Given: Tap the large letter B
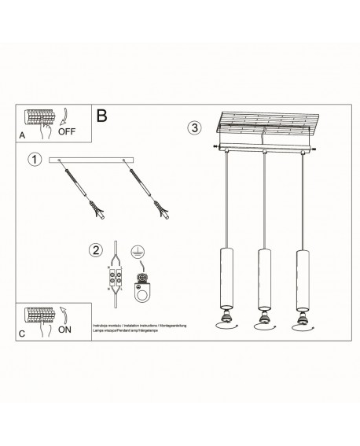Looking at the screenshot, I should click(102, 116).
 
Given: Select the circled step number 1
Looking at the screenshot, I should click(34, 160).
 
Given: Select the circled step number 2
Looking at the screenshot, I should click(95, 251).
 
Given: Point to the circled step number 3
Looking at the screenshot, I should click(194, 127).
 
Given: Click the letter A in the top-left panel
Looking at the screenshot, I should click(22, 135).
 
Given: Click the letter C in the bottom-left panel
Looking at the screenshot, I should click(21, 334).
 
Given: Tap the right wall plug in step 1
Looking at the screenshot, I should click(163, 210).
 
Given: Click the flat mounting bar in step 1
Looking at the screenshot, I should click(93, 162).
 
